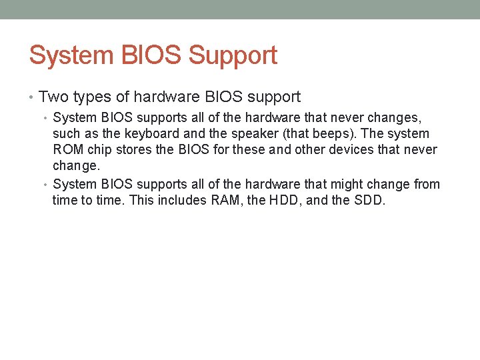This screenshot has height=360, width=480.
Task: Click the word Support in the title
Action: point(233,55)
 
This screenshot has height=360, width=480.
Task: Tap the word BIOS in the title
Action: point(153,55)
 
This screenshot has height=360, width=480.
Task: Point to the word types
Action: point(91,97)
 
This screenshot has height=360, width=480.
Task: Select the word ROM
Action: point(68,149)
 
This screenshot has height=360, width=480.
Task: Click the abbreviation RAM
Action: point(227,200)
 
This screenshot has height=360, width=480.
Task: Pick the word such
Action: point(67,134)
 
